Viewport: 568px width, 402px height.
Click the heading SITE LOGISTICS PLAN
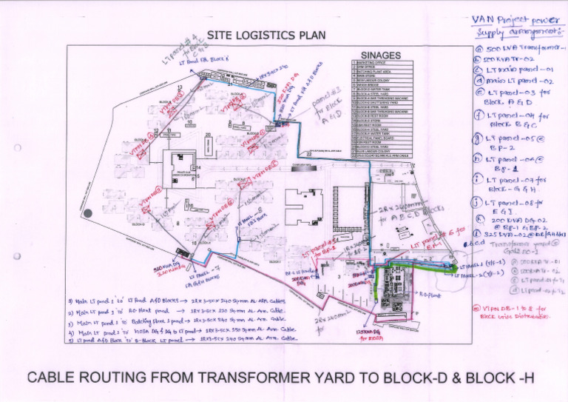pos(266,35)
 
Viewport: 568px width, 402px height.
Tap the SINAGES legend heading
pos(380,55)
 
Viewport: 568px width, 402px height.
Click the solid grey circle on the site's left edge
pos(87,213)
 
